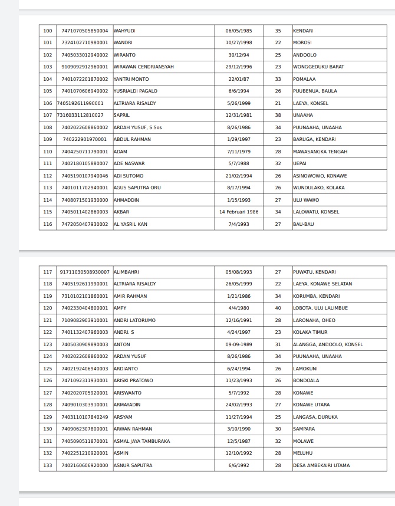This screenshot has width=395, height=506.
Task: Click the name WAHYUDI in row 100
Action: [x=124, y=31]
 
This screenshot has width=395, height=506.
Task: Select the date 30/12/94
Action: [x=238, y=55]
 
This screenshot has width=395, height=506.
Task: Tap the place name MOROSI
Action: [x=302, y=42]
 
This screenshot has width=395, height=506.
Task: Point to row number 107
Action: [x=48, y=115]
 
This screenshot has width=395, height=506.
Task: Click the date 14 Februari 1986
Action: [x=238, y=212]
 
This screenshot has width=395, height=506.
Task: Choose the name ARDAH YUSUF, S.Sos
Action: [x=137, y=127]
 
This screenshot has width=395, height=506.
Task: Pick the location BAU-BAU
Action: [x=304, y=224]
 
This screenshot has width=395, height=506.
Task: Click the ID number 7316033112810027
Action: [x=80, y=115]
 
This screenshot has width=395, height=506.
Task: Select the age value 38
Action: [x=278, y=115]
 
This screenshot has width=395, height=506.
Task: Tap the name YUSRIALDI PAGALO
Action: [x=135, y=91]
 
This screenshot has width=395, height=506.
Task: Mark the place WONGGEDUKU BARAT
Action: [x=318, y=67]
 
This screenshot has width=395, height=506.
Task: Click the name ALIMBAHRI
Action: [x=126, y=272]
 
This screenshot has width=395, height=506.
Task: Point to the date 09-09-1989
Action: [x=238, y=344]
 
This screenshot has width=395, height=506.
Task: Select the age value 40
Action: [x=278, y=308]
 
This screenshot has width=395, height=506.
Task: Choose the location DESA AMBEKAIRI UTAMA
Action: [x=321, y=465]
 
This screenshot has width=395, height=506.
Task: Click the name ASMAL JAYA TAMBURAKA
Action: [x=141, y=441]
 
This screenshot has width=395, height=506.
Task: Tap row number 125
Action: [x=48, y=369]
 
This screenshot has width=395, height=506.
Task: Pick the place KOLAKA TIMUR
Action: [x=310, y=332]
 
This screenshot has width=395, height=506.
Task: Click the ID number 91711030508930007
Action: [x=84, y=272]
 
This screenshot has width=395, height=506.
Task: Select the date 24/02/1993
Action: [x=238, y=405]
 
